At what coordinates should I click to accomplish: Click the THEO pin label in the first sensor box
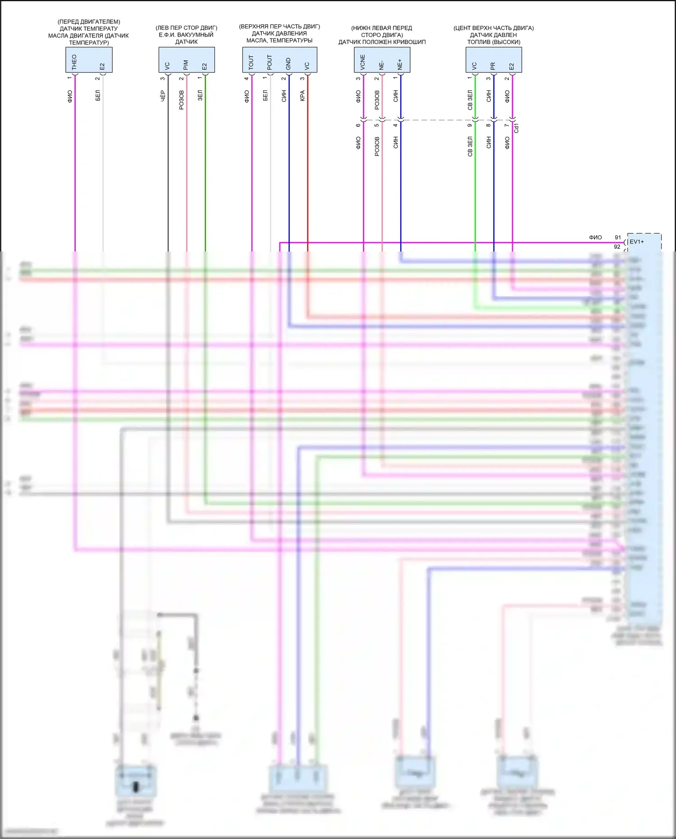(x=74, y=61)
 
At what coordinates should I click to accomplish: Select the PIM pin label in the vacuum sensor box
(x=186, y=64)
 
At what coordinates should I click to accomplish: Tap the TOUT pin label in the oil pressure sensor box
(x=251, y=62)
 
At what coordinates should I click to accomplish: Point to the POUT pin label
(x=269, y=62)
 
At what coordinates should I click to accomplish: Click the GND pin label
(x=288, y=64)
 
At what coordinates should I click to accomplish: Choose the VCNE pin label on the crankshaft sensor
(x=363, y=63)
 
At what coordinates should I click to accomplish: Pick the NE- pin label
(x=381, y=65)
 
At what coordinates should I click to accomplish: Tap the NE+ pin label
(x=400, y=64)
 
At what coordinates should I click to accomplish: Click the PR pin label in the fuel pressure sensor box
(x=493, y=66)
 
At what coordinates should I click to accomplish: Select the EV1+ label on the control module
(x=637, y=242)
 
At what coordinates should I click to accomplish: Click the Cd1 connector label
(x=516, y=128)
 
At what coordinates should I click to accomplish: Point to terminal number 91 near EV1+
(x=618, y=237)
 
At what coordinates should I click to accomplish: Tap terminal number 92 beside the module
(x=617, y=247)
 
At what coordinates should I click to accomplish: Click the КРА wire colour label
(x=302, y=96)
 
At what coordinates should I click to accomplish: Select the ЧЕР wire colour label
(x=163, y=96)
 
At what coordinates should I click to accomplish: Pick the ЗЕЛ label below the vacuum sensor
(x=200, y=95)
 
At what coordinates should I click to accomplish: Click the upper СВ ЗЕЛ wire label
(x=470, y=100)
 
